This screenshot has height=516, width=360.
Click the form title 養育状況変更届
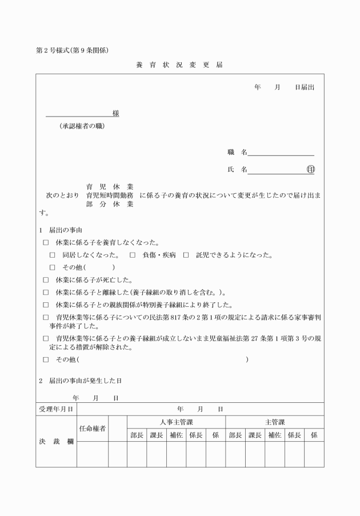click(x=179, y=65)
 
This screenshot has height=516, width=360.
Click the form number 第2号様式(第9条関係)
click(x=73, y=50)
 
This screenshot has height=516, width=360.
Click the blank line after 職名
click(x=281, y=153)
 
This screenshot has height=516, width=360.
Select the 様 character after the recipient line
click(x=115, y=113)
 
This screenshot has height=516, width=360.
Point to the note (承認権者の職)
click(x=82, y=126)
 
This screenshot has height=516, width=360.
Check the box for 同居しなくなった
click(x=53, y=255)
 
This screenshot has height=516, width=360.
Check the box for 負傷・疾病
click(x=133, y=255)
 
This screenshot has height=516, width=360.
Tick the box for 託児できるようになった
click(x=186, y=255)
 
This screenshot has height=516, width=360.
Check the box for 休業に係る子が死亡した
click(x=46, y=280)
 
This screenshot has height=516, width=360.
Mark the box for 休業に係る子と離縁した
click(x=46, y=292)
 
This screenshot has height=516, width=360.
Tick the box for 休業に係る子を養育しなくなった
click(x=46, y=242)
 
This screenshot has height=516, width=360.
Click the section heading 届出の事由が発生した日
click(x=86, y=380)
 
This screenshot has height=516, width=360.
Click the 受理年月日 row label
click(x=56, y=409)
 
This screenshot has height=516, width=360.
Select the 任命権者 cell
click(x=92, y=429)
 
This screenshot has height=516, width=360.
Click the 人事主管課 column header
click(x=176, y=422)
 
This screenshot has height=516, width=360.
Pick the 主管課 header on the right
click(x=274, y=422)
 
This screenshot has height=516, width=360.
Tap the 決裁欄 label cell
click(x=56, y=441)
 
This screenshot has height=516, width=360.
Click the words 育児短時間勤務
click(x=110, y=195)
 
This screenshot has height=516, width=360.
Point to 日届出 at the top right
click(x=304, y=87)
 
